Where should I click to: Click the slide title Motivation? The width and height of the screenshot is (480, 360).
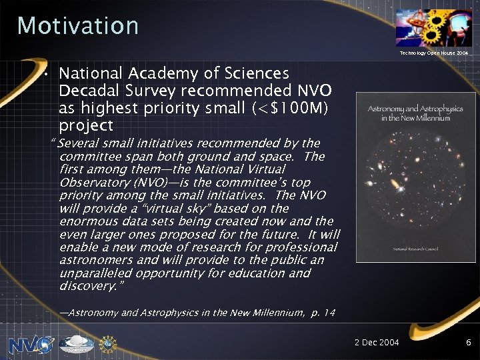click(78, 26)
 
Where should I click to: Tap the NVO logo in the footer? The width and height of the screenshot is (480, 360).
click(31, 344)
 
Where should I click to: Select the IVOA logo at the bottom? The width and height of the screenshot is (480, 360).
click(77, 344)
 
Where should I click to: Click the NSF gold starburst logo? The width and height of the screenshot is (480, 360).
click(107, 344)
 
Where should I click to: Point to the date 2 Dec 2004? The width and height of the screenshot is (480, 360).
click(377, 343)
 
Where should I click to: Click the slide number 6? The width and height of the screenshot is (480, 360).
click(469, 343)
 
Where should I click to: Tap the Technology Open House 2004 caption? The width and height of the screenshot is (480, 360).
click(434, 52)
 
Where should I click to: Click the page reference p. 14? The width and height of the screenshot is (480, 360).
click(323, 313)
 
